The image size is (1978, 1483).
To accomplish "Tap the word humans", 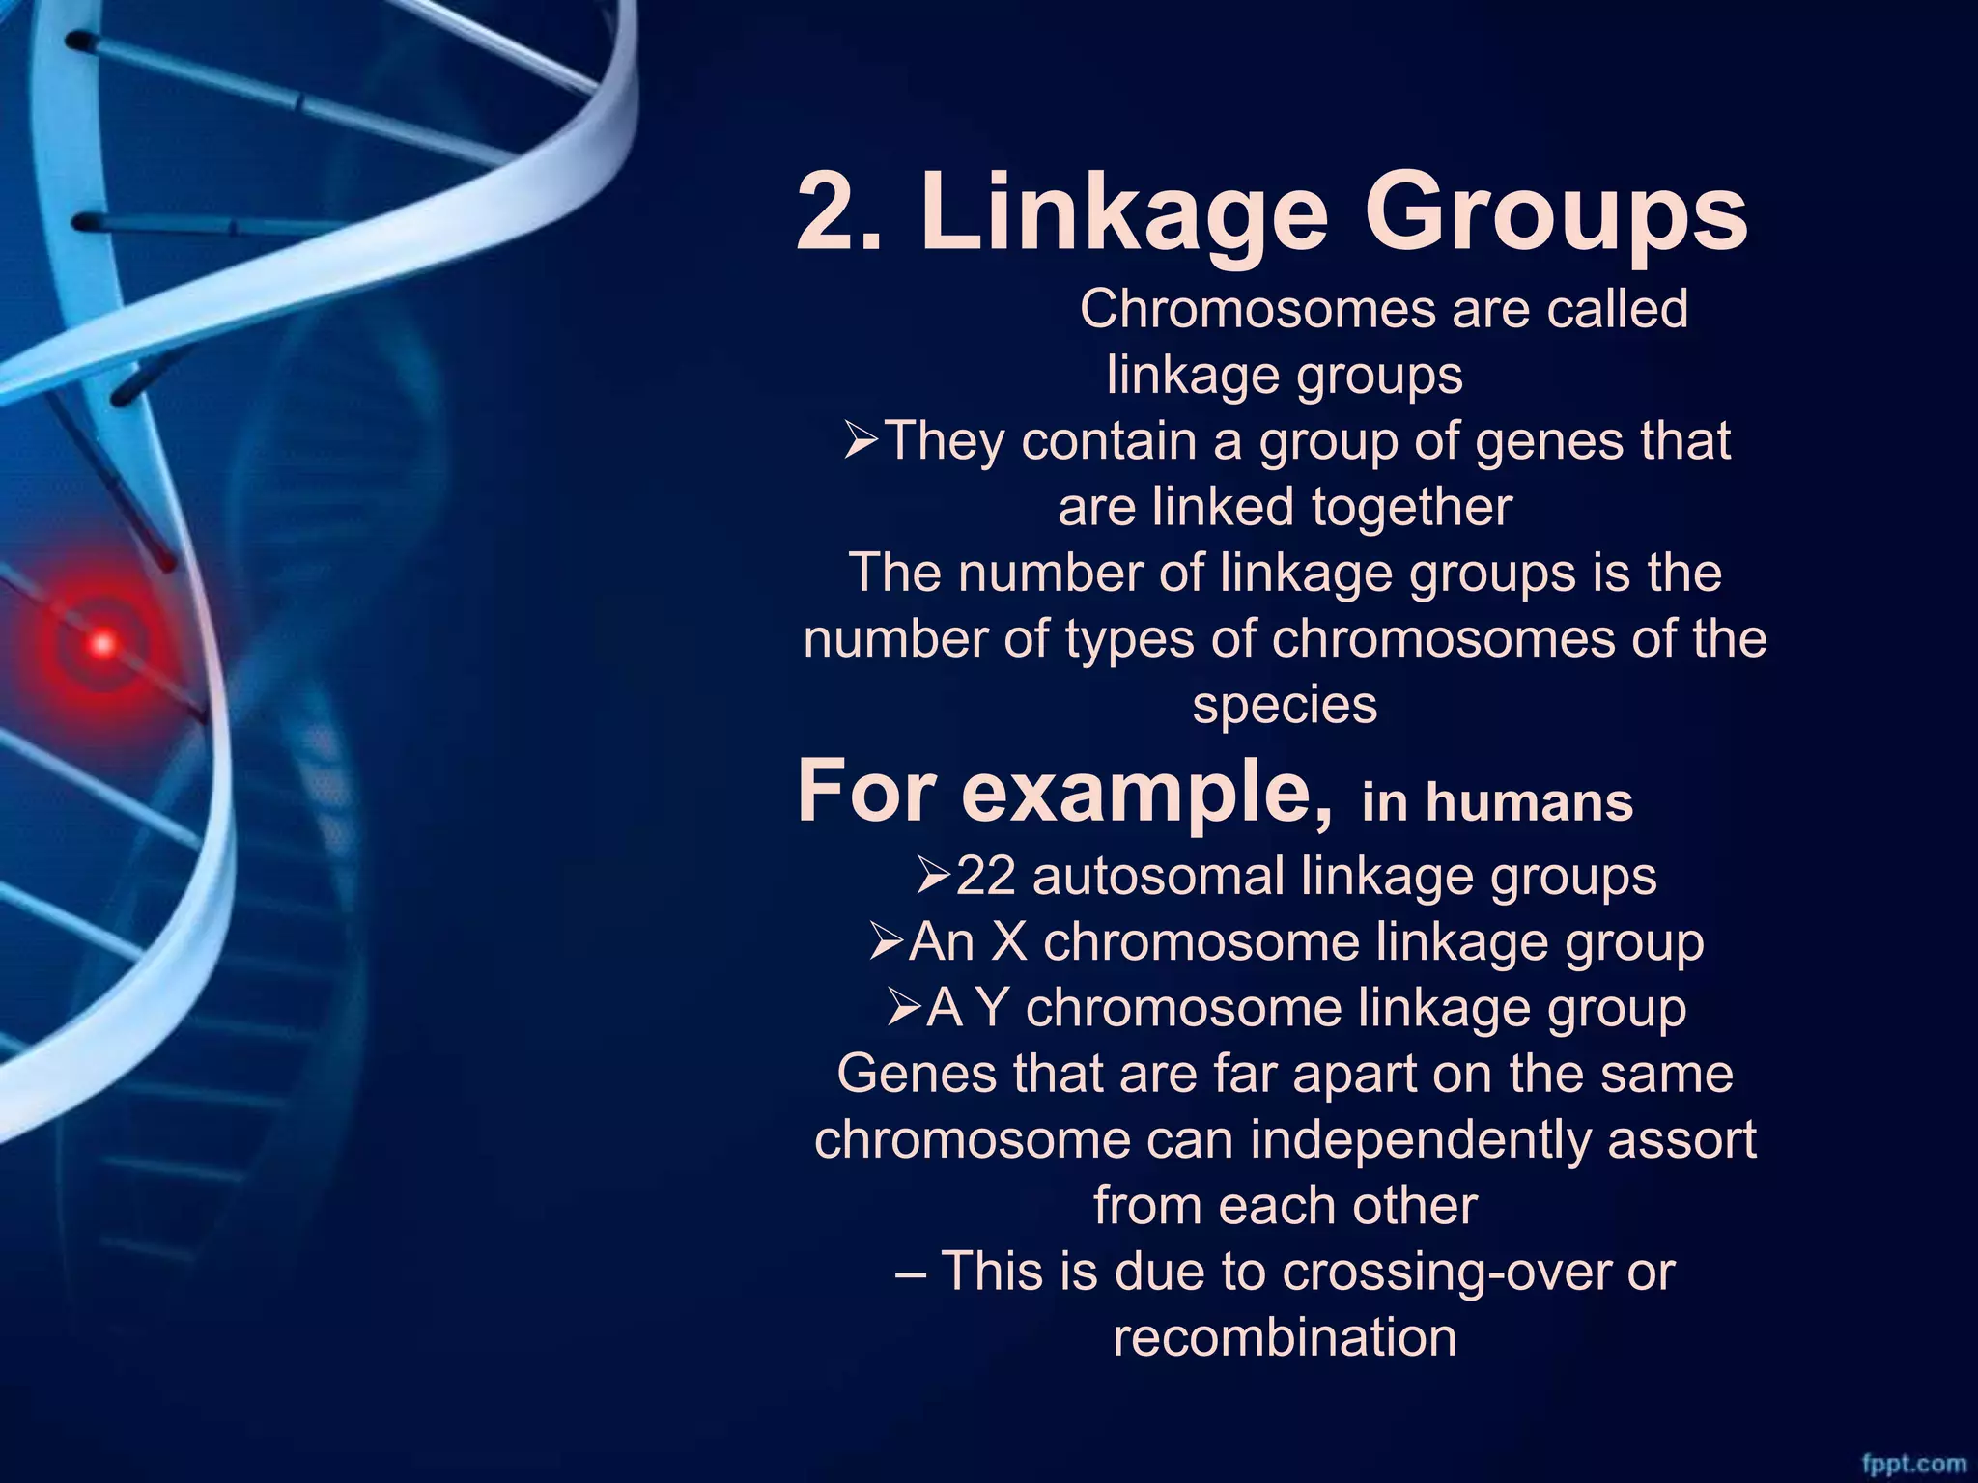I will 1529,803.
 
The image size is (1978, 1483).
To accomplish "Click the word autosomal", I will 1158,877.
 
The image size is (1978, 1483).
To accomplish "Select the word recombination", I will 1285,1337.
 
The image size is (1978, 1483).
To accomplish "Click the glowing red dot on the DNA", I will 102,643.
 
